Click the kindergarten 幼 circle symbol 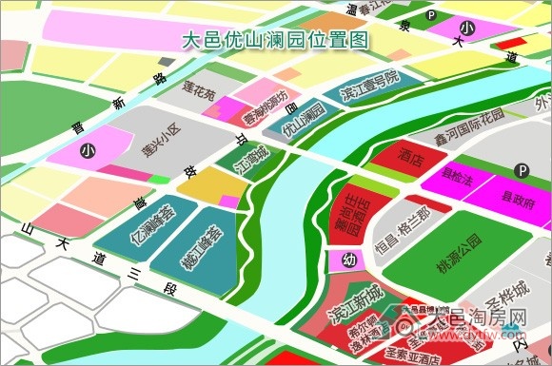[x=349, y=260]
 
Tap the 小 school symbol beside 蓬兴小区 [x=89, y=151]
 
